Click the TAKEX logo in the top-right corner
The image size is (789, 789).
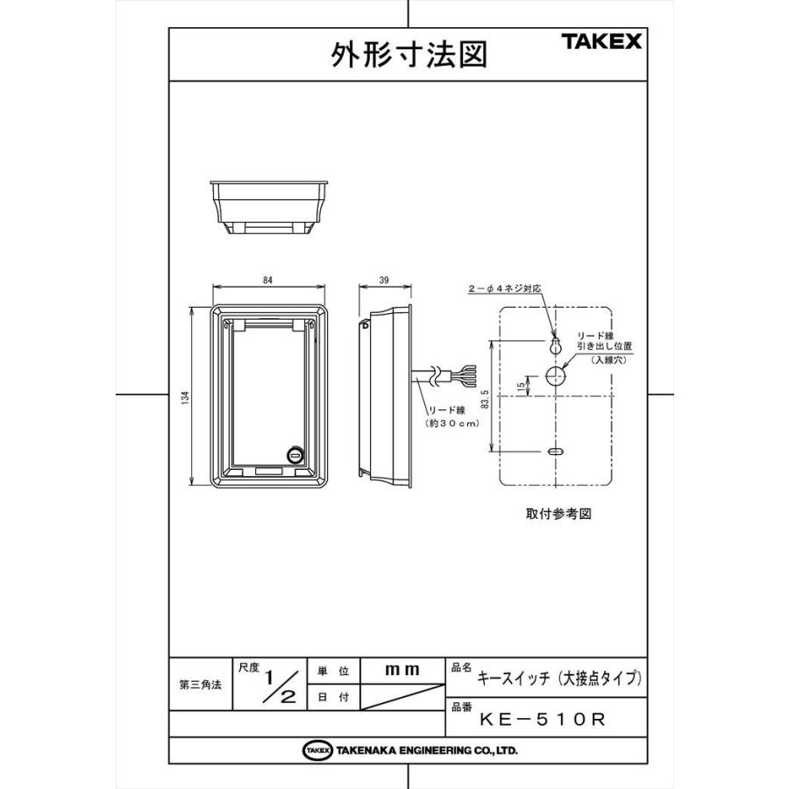[601, 41]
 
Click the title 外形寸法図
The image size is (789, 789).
[409, 54]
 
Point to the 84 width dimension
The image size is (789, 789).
[267, 280]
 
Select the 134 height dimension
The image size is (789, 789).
[186, 397]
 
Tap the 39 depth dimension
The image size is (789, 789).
[384, 280]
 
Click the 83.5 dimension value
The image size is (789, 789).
[485, 398]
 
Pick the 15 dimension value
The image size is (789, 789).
[521, 386]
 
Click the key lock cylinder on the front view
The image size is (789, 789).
[295, 455]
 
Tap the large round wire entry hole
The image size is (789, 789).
[556, 375]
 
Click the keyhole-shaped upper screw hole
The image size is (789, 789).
[556, 345]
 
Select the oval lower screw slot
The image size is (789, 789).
[556, 451]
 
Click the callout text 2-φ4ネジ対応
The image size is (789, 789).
[505, 288]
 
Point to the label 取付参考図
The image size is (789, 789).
[558, 514]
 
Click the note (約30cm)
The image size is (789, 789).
[452, 423]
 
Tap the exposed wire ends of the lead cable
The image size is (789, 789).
[464, 376]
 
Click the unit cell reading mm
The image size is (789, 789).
[402, 670]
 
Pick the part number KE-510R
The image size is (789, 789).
[542, 720]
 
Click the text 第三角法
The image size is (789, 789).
[200, 685]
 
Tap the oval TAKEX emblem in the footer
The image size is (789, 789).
[317, 750]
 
